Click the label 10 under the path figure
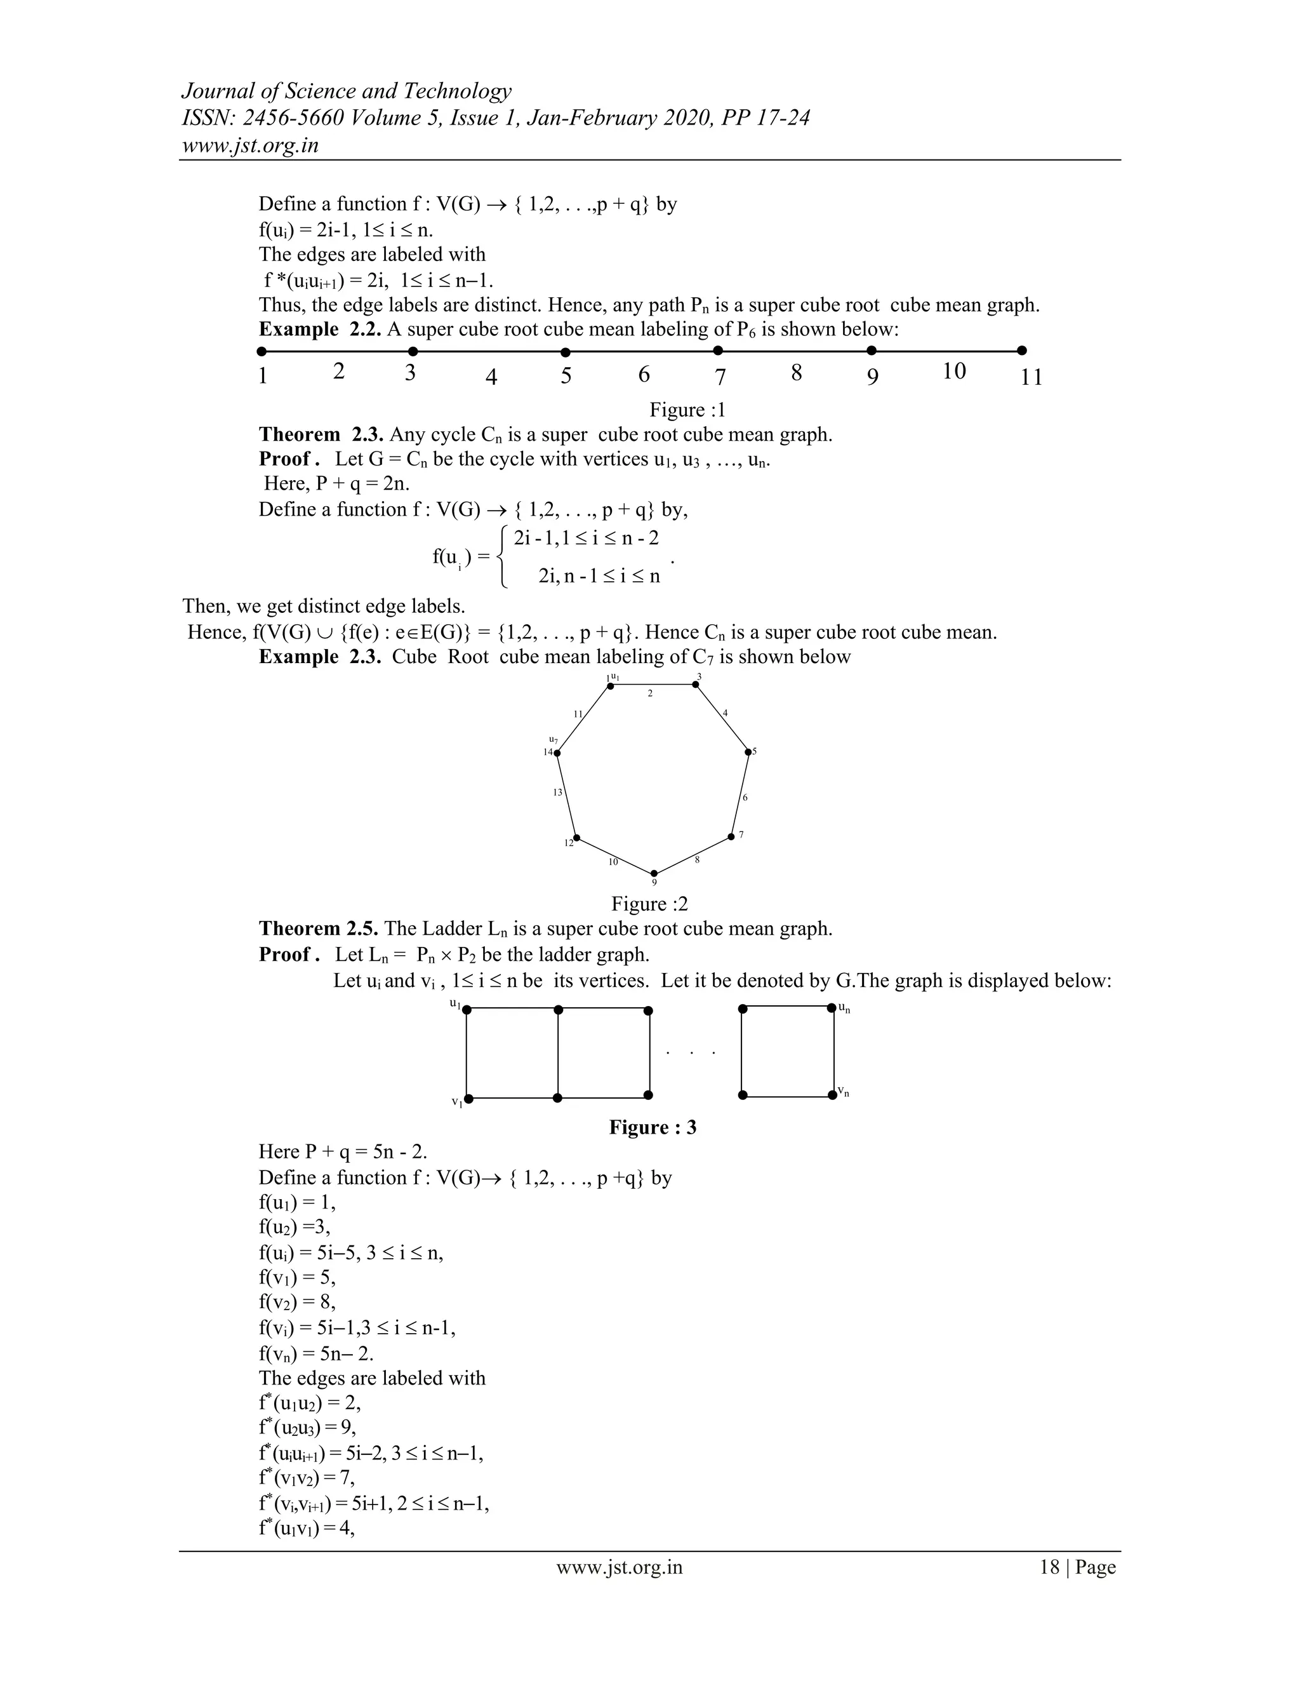coord(953,372)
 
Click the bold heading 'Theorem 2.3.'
coord(321,434)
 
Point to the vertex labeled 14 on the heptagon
coord(557,753)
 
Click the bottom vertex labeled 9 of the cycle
coord(654,874)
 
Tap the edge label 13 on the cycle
coord(557,792)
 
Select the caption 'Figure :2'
coord(649,903)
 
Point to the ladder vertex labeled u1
coord(467,1010)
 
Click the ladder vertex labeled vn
coord(833,1095)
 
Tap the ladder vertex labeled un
coord(832,1008)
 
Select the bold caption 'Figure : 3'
coord(653,1127)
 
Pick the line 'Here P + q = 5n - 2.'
coord(343,1151)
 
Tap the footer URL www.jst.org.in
coord(619,1567)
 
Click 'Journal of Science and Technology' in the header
coord(346,91)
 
